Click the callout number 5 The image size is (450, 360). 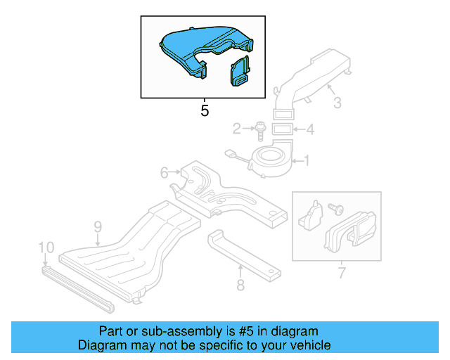pos(205,111)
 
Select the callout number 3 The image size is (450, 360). pos(337,103)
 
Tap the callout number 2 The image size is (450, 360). pos(237,129)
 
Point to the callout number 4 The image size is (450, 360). pos(311,129)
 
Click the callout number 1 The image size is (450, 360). pos(306,161)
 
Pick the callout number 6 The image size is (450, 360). pos(164,172)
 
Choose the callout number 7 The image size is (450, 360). pos(342,271)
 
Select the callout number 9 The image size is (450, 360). pos(98,226)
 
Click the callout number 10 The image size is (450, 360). pos(46,247)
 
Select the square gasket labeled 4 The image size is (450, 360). pos(282,129)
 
